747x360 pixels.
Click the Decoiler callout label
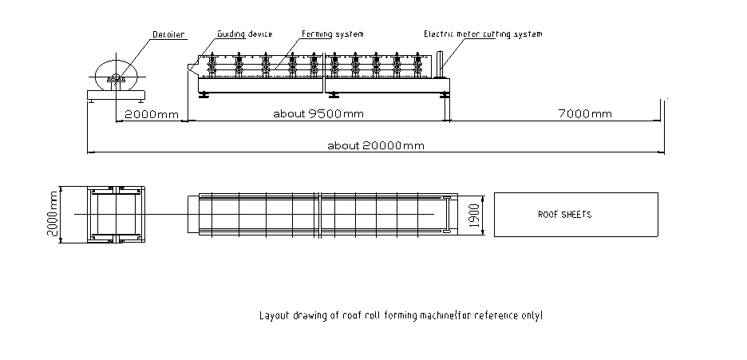[169, 34]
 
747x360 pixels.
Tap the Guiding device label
[245, 34]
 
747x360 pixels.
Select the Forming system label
[333, 34]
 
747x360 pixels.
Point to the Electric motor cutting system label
[483, 34]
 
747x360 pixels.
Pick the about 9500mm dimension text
[318, 113]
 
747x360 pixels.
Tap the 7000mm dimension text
[585, 113]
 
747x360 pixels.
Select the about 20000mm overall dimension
[375, 144]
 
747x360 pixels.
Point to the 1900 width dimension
[473, 216]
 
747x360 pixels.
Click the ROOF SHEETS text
[565, 215]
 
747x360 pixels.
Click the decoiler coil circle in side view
[117, 73]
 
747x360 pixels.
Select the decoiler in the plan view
[117, 214]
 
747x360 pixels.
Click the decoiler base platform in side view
[117, 95]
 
